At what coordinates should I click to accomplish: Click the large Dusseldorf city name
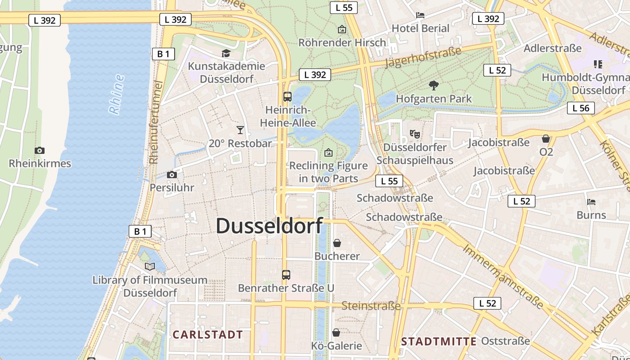pos(270,226)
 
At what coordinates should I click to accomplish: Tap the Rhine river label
pos(116,94)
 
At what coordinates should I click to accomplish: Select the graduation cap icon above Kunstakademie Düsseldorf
pos(226,54)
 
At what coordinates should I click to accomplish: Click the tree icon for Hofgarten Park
pos(434,85)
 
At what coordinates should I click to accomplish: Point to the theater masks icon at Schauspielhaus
pos(414,134)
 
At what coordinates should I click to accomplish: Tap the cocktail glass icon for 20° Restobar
pos(240,130)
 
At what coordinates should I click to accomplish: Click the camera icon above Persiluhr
pos(171,175)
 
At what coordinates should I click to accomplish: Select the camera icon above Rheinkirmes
pos(40,150)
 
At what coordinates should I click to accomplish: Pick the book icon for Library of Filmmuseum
pos(150,266)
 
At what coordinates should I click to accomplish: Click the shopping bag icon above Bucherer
pos(337,243)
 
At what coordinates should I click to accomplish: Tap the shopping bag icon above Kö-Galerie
pos(336,333)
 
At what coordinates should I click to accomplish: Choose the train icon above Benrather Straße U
pos(286,274)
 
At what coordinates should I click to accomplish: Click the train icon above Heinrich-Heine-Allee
pos(287,96)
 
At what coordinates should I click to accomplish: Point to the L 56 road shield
pos(581,108)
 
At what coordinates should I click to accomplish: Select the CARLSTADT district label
pos(208,335)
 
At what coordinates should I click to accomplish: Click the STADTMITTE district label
pos(439,342)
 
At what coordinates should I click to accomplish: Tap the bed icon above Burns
pos(591,202)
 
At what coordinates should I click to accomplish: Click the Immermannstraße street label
pos(503,275)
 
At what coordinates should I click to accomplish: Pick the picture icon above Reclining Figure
pos(328,153)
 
